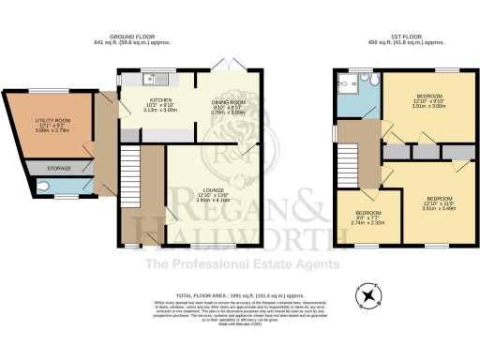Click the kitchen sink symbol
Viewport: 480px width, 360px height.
pyautogui.click(x=149, y=78)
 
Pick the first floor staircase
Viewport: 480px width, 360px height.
pyautogui.click(x=349, y=165)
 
